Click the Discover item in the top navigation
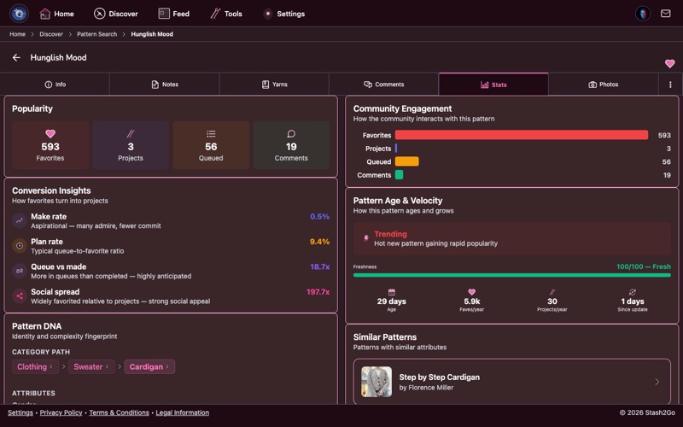pos(116,14)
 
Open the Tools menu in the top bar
pos(226,14)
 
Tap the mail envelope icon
pos(666,14)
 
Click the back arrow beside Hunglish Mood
pos(16,58)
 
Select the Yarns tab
pos(274,85)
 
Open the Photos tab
pos(603,85)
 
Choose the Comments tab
pos(383,85)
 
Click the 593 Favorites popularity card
pos(50,145)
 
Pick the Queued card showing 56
pos(211,145)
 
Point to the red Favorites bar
pos(521,135)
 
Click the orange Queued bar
pos(406,161)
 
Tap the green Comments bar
pos(399,175)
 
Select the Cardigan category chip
pos(149,366)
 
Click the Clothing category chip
pos(36,366)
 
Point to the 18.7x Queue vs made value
pos(319,267)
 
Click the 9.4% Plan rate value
pos(319,242)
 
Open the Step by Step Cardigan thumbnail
pos(377,382)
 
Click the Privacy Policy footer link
pos(61,412)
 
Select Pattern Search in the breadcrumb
pos(96,34)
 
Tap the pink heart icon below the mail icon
pos(670,64)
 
